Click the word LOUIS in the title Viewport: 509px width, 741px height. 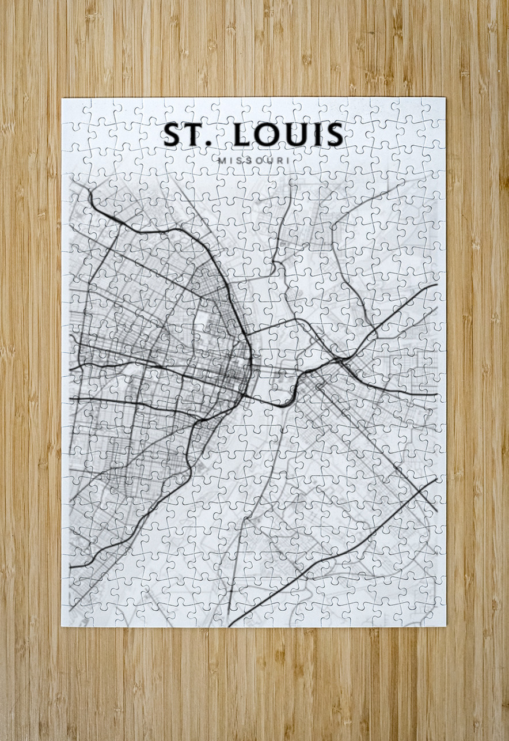tap(288, 135)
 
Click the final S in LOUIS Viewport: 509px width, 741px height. tap(334, 135)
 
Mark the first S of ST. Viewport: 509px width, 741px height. tap(172, 135)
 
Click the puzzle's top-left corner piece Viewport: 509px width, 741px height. tap(73, 109)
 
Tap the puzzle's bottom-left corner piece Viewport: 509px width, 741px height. tap(74, 615)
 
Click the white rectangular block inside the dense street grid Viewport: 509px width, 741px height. tap(201, 315)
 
